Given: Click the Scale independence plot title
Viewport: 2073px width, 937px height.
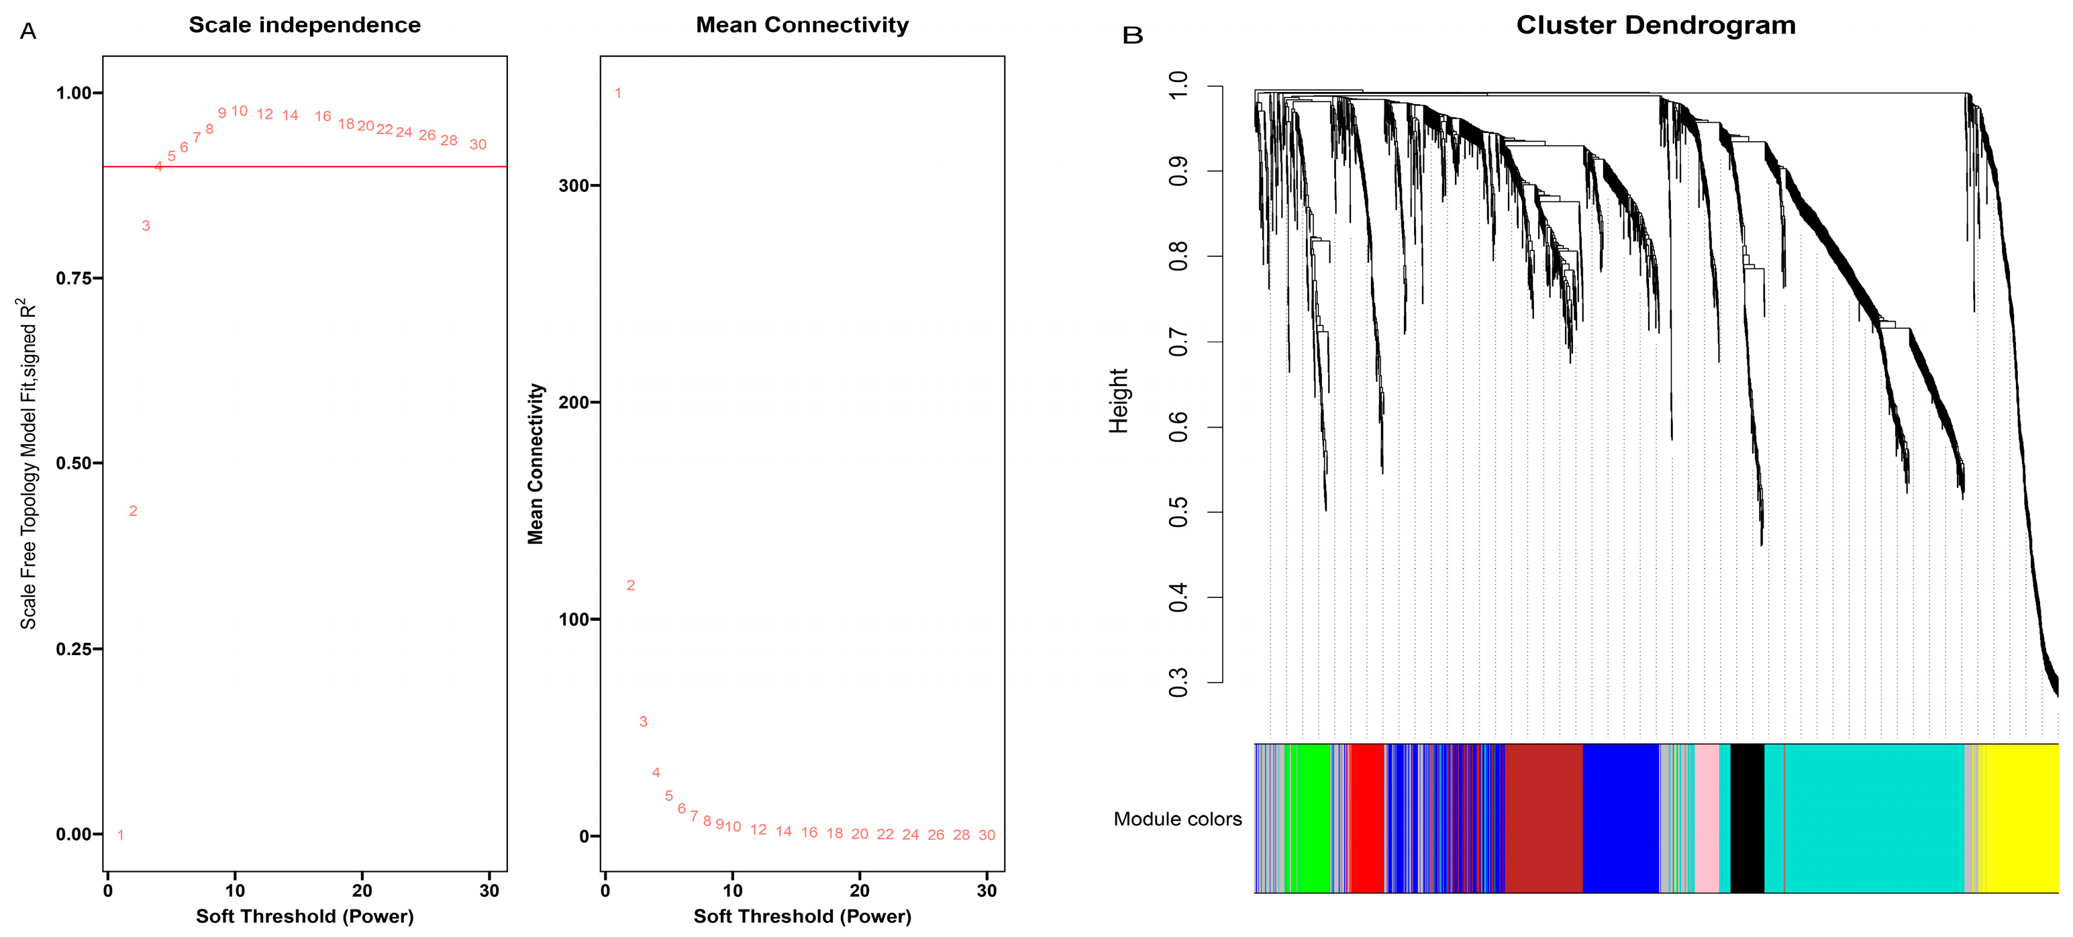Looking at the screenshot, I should [x=304, y=25].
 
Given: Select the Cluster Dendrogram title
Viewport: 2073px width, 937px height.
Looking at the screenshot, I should [x=1656, y=25].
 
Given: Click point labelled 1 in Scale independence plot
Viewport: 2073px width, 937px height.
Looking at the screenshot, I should [x=121, y=835].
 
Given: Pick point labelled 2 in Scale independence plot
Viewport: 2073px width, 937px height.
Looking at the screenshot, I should [x=134, y=510].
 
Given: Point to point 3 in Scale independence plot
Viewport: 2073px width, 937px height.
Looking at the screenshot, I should [x=146, y=226].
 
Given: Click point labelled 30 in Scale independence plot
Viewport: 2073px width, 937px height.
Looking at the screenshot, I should [x=478, y=144].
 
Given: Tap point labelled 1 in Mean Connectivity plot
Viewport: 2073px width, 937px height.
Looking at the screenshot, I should [x=618, y=93].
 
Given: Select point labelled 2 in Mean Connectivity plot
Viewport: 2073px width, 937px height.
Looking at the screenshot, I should [x=631, y=585].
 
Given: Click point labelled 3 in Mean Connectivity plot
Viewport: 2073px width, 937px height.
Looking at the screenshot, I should [x=643, y=722].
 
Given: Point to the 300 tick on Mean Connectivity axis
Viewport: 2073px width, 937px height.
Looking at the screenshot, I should [x=574, y=186].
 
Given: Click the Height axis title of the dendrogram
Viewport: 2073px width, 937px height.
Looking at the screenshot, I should [x=1119, y=401].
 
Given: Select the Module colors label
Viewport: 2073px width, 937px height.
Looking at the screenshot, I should [x=1177, y=819].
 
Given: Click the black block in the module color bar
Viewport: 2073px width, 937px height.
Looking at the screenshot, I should [x=1746, y=818].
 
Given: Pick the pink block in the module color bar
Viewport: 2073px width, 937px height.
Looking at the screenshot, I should [x=1706, y=818].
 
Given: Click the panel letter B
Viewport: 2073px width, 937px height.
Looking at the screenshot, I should [x=1132, y=36].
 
